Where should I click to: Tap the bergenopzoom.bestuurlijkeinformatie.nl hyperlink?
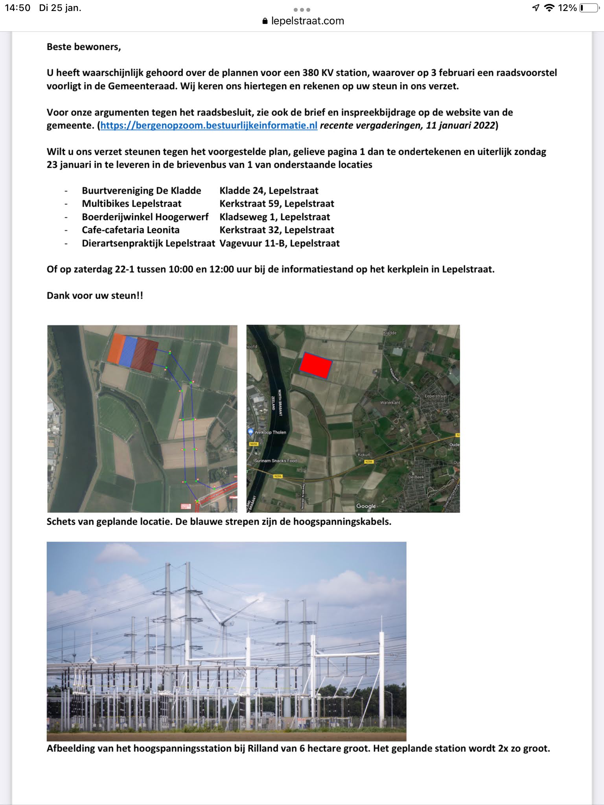tap(209, 125)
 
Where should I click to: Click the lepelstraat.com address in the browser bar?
tap(307, 21)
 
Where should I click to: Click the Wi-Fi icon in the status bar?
tap(549, 8)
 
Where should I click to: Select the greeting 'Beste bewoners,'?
tap(84, 47)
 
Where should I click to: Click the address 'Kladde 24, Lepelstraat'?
tap(269, 191)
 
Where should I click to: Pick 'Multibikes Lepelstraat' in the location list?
tap(131, 204)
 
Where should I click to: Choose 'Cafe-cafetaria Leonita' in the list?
tap(131, 230)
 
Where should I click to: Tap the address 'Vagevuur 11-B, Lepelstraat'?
tap(279, 243)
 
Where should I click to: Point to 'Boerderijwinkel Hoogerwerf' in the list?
tap(145, 217)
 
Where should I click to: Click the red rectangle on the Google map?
tap(316, 365)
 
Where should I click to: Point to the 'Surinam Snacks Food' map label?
tap(276, 461)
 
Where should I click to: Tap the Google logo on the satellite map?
tap(366, 506)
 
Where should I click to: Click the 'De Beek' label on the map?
tap(416, 477)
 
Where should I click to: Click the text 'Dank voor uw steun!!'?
tap(95, 296)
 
